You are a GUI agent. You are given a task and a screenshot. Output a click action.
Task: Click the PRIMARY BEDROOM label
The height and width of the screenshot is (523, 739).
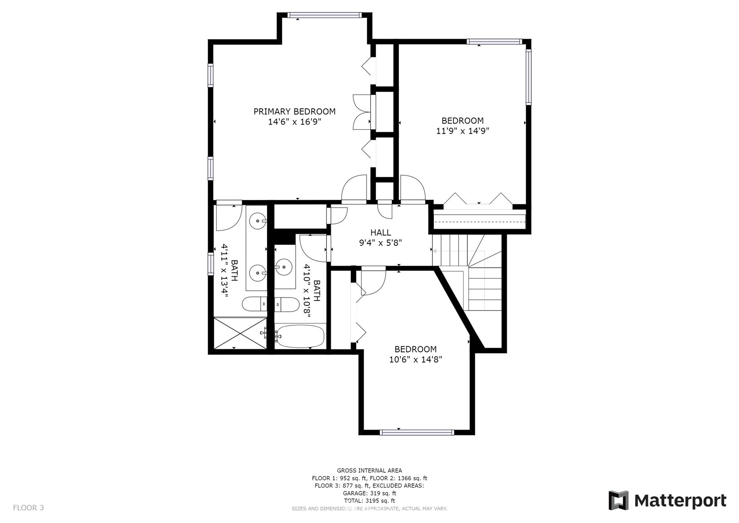(294, 112)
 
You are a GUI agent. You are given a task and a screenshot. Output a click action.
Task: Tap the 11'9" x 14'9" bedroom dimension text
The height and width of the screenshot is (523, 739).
(463, 131)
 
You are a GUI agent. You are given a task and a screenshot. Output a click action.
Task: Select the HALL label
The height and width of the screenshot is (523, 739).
(380, 233)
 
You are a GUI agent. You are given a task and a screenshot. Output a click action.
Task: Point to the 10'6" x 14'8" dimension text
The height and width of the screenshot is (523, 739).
(415, 359)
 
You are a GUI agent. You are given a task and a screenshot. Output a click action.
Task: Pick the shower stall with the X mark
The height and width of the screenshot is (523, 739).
(240, 333)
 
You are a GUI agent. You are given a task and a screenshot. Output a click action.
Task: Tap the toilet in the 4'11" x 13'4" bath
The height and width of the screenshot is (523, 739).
(255, 304)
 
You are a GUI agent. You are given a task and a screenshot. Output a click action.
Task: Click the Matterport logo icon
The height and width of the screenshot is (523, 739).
(619, 501)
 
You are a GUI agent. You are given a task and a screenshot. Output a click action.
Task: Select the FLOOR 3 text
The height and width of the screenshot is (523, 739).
(28, 508)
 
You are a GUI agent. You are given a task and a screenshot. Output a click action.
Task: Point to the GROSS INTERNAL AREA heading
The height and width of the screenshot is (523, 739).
(370, 470)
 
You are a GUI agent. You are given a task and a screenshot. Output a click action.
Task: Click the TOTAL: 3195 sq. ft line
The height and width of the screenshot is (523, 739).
(370, 501)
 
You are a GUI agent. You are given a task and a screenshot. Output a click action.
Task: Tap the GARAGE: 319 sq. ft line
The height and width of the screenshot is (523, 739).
(370, 493)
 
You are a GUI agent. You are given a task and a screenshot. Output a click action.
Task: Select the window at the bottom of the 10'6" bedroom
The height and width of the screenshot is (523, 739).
(417, 432)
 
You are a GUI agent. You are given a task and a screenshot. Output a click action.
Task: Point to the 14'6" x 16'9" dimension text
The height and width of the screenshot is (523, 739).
(295, 122)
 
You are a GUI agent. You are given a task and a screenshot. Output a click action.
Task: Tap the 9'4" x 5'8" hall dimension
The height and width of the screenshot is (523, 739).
(380, 243)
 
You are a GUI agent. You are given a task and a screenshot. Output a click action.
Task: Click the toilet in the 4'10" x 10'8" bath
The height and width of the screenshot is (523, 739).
(287, 304)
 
